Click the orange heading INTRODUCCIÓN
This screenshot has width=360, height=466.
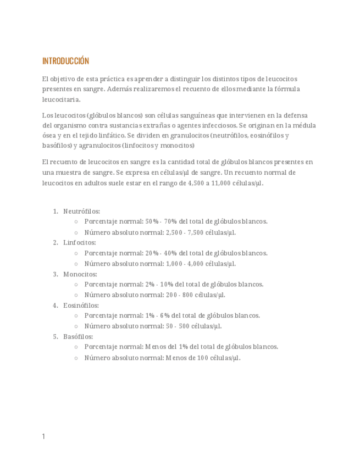pyautogui.click(x=65, y=61)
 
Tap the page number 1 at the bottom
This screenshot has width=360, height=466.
pyautogui.click(x=44, y=436)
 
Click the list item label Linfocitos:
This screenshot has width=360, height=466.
pyautogui.click(x=79, y=242)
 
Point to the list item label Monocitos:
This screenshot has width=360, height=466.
pyautogui.click(x=80, y=274)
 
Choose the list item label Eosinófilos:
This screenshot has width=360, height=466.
pyautogui.click(x=81, y=305)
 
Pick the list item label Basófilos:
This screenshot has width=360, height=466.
pyautogui.click(x=78, y=336)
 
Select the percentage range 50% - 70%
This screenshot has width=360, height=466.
pyautogui.click(x=161, y=221)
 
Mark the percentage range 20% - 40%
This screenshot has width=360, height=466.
pyautogui.click(x=161, y=253)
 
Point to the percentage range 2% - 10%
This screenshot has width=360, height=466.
pyautogui.click(x=159, y=285)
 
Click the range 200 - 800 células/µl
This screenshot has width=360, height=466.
pyautogui.click(x=195, y=295)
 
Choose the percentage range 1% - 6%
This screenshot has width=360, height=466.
pyautogui.click(x=157, y=315)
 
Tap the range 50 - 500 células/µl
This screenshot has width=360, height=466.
pyautogui.click(x=193, y=326)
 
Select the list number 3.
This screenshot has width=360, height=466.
pyautogui.click(x=55, y=274)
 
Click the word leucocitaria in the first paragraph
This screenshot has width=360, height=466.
pyautogui.click(x=60, y=99)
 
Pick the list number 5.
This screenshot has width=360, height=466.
pyautogui.click(x=55, y=336)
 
